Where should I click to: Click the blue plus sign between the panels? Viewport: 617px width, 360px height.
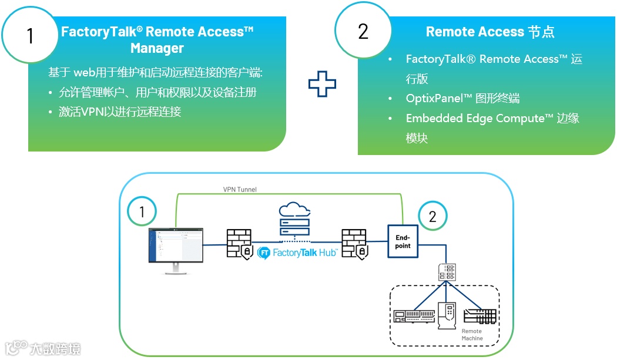coord(322,84)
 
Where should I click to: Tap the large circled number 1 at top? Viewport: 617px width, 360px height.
coord(29,36)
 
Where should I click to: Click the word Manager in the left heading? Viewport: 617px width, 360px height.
coord(157,48)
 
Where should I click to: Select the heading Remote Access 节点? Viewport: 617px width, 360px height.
coord(489,32)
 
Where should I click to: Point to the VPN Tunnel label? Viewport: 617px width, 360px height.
coord(240,189)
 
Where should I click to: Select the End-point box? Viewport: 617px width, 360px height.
coord(403,241)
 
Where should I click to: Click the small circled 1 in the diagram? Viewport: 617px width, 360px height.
coord(142,212)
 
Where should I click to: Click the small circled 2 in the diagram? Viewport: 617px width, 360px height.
coord(432,217)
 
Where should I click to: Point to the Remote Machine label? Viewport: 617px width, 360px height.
coord(472,335)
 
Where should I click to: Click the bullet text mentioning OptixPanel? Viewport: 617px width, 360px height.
coord(462,98)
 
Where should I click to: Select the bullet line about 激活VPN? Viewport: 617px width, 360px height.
coord(119,112)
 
